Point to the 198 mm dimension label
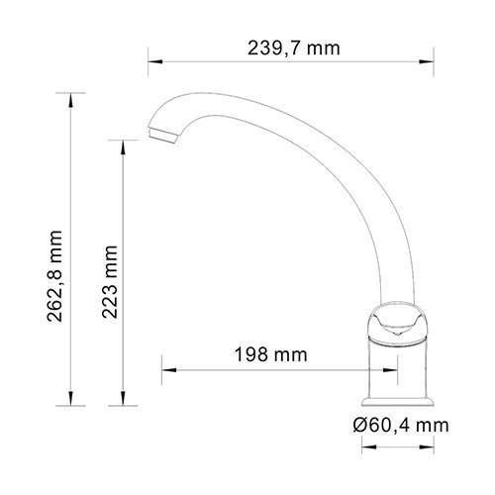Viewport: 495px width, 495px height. (270, 353)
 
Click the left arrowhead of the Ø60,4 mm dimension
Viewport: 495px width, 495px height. (361, 445)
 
